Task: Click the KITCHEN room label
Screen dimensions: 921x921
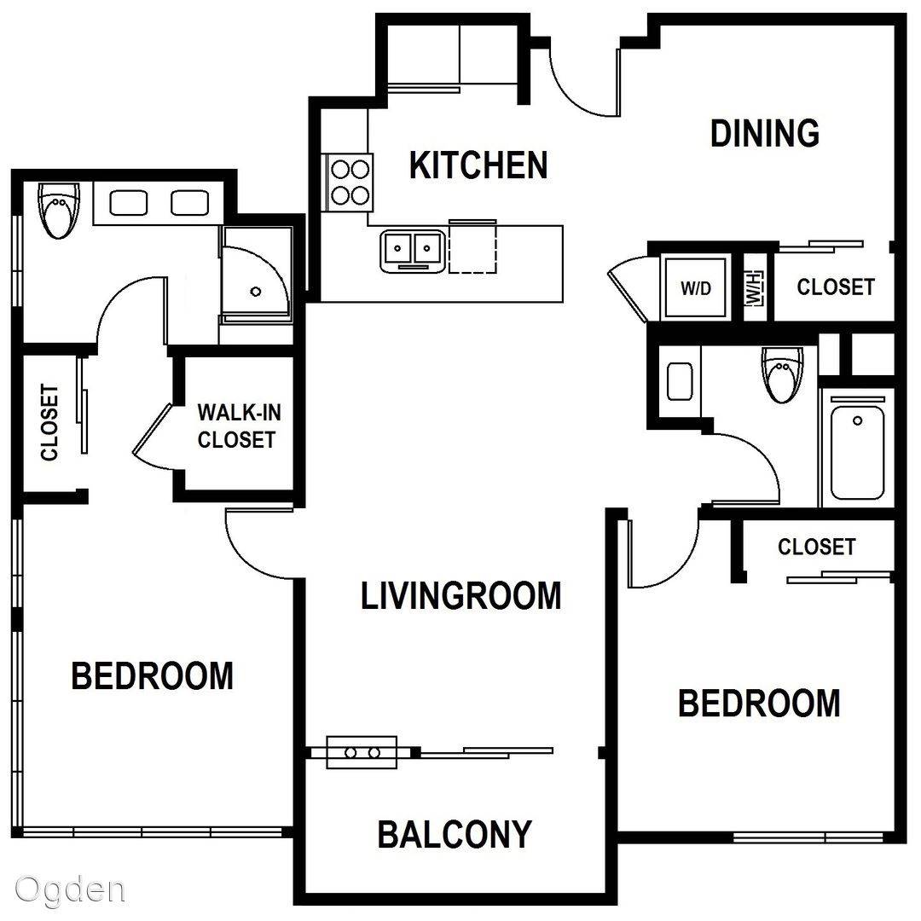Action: tap(478, 165)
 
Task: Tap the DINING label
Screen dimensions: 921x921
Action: tap(765, 133)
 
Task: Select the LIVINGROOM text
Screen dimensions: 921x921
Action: tap(461, 595)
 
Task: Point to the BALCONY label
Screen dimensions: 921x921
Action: tap(454, 834)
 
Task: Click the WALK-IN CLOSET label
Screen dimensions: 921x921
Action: tap(239, 426)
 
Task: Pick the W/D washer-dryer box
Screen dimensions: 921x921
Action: tap(696, 288)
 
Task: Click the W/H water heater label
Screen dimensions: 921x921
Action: tap(755, 288)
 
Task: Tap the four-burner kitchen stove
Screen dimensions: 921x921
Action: tap(350, 182)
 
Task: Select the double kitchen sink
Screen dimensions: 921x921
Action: tap(412, 251)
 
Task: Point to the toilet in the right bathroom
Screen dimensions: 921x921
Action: tap(782, 374)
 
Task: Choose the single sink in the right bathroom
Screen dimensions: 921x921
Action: tap(680, 382)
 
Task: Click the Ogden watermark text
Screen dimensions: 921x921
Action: tap(70, 890)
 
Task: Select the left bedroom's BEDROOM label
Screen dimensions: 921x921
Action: tap(152, 675)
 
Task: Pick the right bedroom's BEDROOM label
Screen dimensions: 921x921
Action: tap(759, 703)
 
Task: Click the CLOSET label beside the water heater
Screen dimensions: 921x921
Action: tap(835, 287)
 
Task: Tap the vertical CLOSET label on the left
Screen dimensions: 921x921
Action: tap(50, 422)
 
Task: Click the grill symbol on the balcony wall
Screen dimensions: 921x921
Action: tap(362, 752)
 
